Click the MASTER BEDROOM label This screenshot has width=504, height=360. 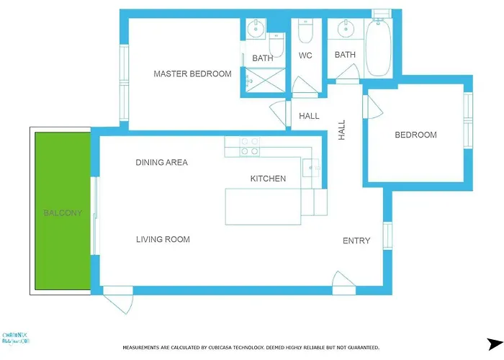click(192, 73)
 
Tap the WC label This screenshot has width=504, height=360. click(305, 55)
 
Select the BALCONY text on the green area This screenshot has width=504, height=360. click(63, 213)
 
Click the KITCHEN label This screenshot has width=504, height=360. click(268, 179)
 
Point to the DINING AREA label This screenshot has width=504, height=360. click(161, 162)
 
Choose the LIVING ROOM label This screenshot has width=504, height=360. click(163, 239)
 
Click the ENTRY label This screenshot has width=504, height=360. click(356, 240)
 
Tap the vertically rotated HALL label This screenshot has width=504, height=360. click(342, 130)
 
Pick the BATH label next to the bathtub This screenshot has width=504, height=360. click(345, 55)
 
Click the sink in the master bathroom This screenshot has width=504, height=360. click(256, 30)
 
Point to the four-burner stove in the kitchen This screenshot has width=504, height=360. click(250, 146)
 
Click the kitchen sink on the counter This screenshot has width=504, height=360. click(313, 167)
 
